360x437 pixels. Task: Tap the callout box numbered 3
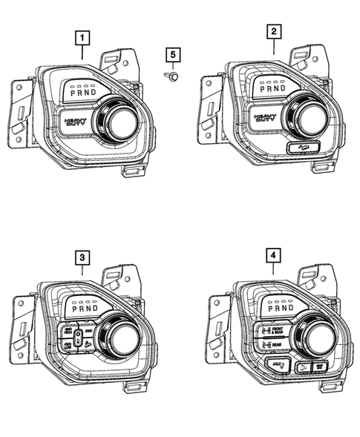coord(82,257)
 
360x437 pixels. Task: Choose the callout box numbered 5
coord(173,54)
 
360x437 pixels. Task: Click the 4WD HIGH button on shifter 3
coord(68,331)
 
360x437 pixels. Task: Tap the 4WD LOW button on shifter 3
coord(68,346)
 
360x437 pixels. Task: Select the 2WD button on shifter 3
coord(88,332)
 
